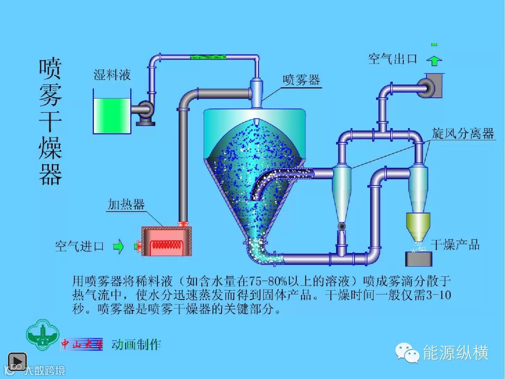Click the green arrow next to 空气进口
coord(119,246)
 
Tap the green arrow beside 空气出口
coord(434,61)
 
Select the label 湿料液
coord(112,74)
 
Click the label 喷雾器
coord(301,80)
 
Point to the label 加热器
coord(126,204)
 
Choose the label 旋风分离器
coord(463,133)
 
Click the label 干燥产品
coord(455,245)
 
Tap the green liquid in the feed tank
coord(112,115)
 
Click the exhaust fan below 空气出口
coord(431,85)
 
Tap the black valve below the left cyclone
coord(342,226)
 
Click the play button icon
coord(17,362)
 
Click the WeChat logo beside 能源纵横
coord(407,353)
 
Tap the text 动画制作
coord(136,345)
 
